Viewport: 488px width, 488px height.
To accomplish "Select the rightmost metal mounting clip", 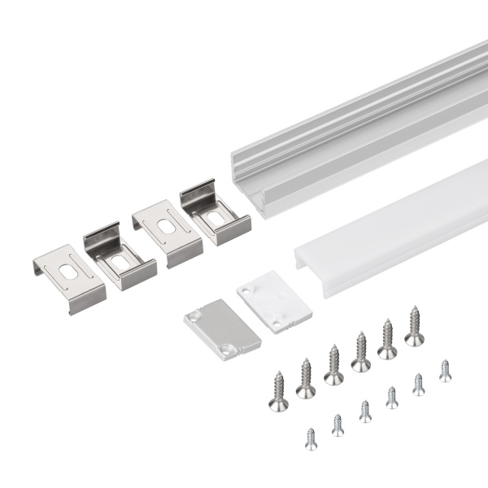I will pos(215,214).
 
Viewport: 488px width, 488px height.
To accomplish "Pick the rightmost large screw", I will pos(414,325).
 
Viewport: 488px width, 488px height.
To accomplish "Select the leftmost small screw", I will pos(311,439).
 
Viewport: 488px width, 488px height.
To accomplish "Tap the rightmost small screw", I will pos(445,369).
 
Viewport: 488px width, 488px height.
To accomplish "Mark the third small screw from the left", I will pos(365,410).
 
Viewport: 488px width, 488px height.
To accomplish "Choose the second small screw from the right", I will pos(418,383).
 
